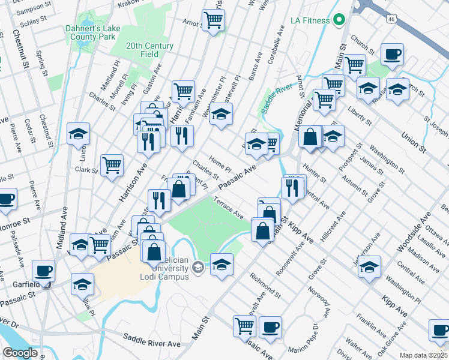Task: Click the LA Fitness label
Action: [310, 20]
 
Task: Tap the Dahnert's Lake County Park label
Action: [90, 32]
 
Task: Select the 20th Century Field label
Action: [150, 50]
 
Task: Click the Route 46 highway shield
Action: [391, 19]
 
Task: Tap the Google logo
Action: [20, 353]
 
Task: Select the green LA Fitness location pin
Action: [339, 20]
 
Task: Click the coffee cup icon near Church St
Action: [393, 55]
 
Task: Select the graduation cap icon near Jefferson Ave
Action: [370, 266]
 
